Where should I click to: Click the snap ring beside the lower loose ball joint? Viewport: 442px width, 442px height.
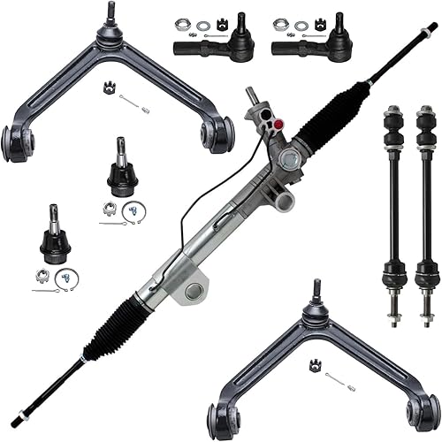67,280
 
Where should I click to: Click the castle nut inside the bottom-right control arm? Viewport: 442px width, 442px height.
315,364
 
